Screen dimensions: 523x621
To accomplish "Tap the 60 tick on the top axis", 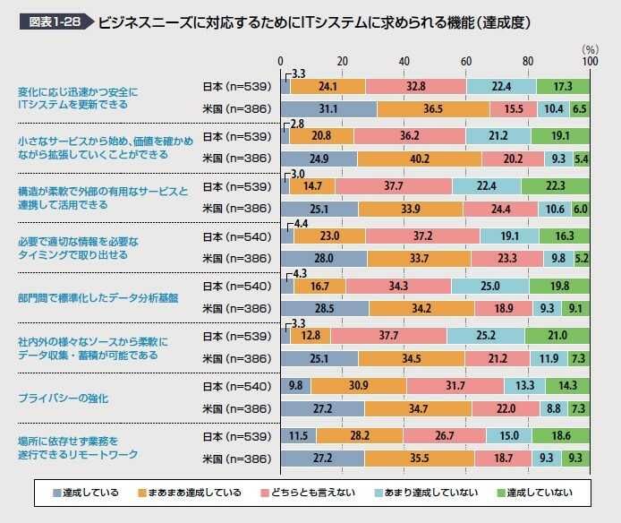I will click(466, 62).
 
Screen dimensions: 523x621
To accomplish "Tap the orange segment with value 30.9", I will click(359, 385).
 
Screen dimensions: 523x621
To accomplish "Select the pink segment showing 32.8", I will click(415, 86).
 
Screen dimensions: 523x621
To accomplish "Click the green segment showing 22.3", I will click(555, 186).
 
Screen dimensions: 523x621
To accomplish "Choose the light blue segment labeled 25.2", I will click(486, 336).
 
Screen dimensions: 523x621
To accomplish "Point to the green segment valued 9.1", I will click(575, 309).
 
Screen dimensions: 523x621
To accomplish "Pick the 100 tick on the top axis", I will click(589, 62).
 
